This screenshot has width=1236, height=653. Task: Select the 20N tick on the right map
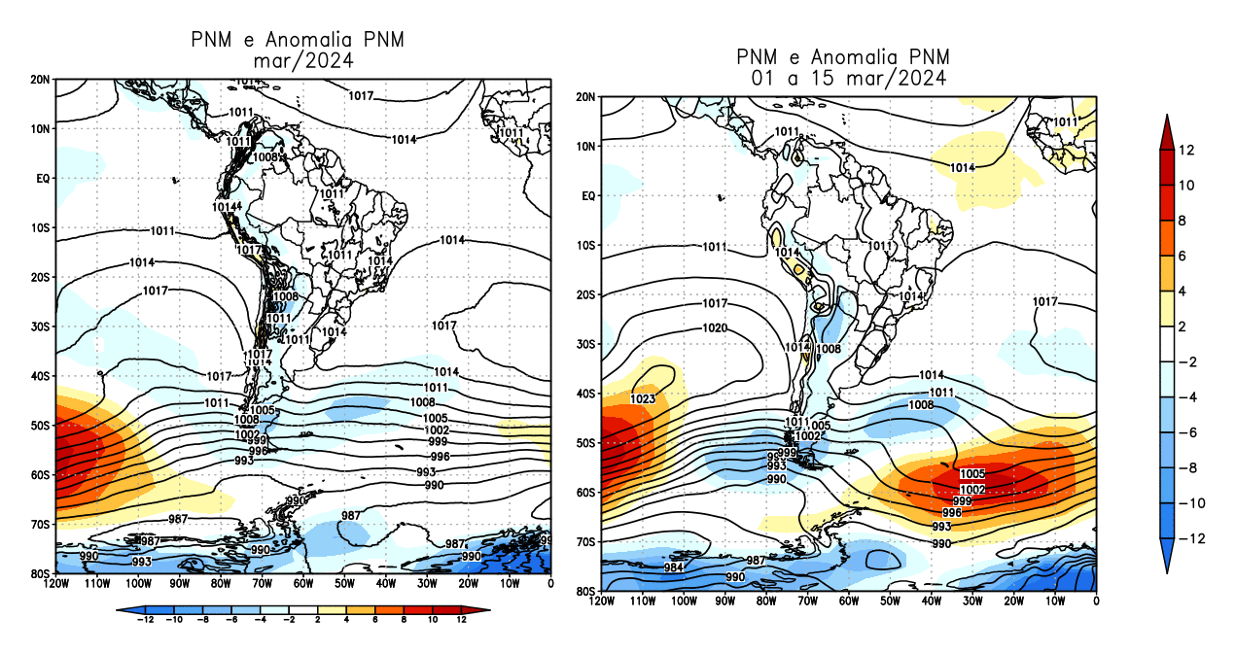(585, 97)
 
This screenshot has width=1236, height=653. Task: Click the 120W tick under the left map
(56, 584)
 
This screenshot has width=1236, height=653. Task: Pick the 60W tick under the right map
(849, 602)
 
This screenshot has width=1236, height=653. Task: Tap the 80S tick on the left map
(41, 573)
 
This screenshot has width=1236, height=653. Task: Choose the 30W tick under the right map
(972, 602)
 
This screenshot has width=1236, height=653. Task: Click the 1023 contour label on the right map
(643, 398)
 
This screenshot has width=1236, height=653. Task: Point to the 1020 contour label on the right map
(715, 328)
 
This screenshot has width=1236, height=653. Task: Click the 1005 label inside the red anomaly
(972, 474)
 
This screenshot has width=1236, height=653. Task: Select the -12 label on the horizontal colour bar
(146, 619)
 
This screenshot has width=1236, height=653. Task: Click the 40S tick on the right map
(585, 394)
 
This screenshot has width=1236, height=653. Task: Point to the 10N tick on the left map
(41, 128)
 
